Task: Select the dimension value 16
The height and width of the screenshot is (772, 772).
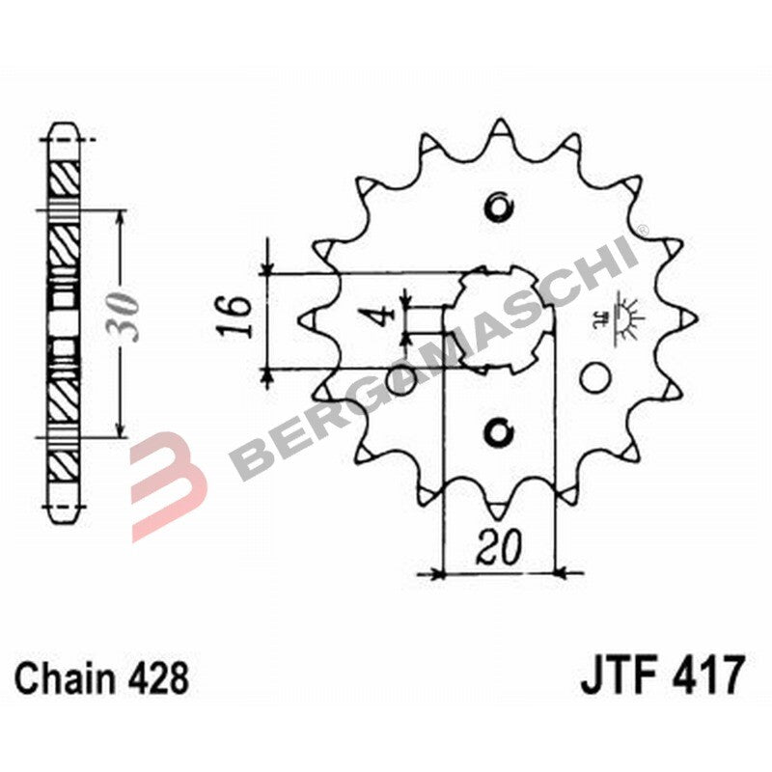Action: pyautogui.click(x=234, y=316)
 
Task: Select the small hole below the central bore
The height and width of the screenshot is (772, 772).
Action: pyautogui.click(x=498, y=431)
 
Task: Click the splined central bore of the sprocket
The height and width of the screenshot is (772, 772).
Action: pyautogui.click(x=502, y=318)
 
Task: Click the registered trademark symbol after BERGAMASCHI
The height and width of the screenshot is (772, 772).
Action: pyautogui.click(x=641, y=230)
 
